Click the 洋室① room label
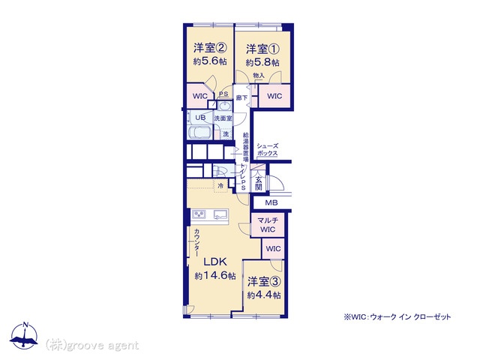[262, 49]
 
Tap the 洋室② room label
[210, 48]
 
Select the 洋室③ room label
[264, 282]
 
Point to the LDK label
[215, 262]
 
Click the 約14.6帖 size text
[215, 276]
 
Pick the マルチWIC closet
[268, 225]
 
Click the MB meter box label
[271, 202]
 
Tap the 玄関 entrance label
[259, 183]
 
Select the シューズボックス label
[267, 150]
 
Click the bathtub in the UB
[200, 133]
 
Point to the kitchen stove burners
[199, 214]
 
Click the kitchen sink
[220, 214]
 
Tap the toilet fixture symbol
[219, 170]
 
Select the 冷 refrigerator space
[220, 185]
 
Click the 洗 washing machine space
[226, 133]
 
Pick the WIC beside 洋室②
[200, 96]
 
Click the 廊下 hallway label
[241, 97]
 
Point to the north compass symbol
[25, 335]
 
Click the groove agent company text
[92, 345]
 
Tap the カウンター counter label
[196, 243]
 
